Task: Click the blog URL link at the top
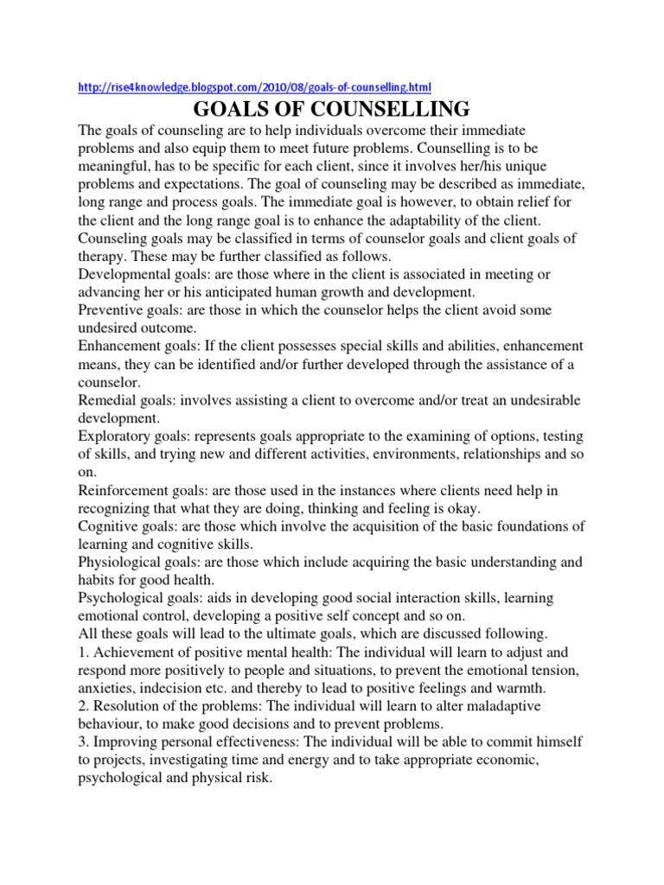254,87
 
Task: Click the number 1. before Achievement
84,653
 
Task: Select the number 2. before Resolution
84,707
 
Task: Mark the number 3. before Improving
84,742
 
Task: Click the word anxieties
108,689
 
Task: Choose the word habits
99,581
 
